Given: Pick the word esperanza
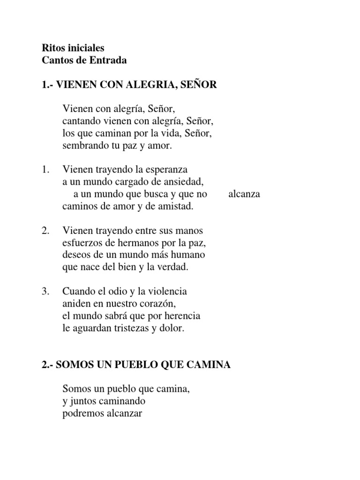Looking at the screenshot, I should coord(167,169).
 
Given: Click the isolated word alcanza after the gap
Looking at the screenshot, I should coord(244,194).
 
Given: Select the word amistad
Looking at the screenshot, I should coord(175,206).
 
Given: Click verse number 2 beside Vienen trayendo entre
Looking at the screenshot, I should coord(45,231).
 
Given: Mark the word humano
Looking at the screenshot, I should coord(188,255).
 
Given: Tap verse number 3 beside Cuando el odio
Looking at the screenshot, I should coord(45,292).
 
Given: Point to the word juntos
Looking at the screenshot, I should coord(81,402).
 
